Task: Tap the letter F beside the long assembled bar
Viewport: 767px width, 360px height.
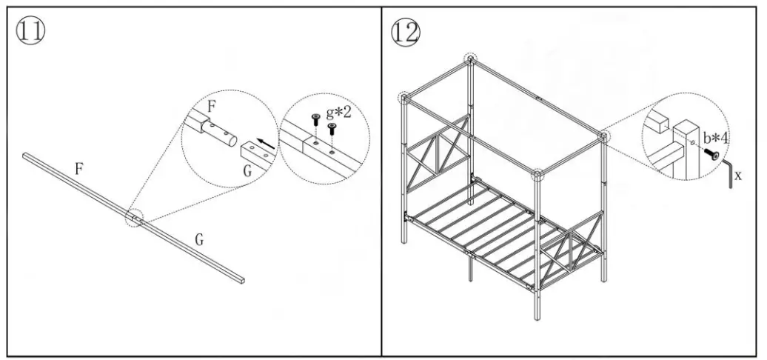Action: (78, 169)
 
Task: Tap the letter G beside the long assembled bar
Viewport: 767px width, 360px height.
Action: (199, 240)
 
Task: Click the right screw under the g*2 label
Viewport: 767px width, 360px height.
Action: (331, 128)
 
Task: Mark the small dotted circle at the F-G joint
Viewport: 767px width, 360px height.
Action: (135, 219)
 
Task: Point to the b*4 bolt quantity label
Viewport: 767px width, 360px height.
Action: (716, 138)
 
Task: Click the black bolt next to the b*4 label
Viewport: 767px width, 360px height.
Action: (714, 155)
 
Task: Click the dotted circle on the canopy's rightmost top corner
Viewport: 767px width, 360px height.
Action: (603, 137)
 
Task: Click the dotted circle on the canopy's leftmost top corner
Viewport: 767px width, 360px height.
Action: (404, 97)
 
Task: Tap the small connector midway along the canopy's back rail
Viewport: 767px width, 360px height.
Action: (539, 97)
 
